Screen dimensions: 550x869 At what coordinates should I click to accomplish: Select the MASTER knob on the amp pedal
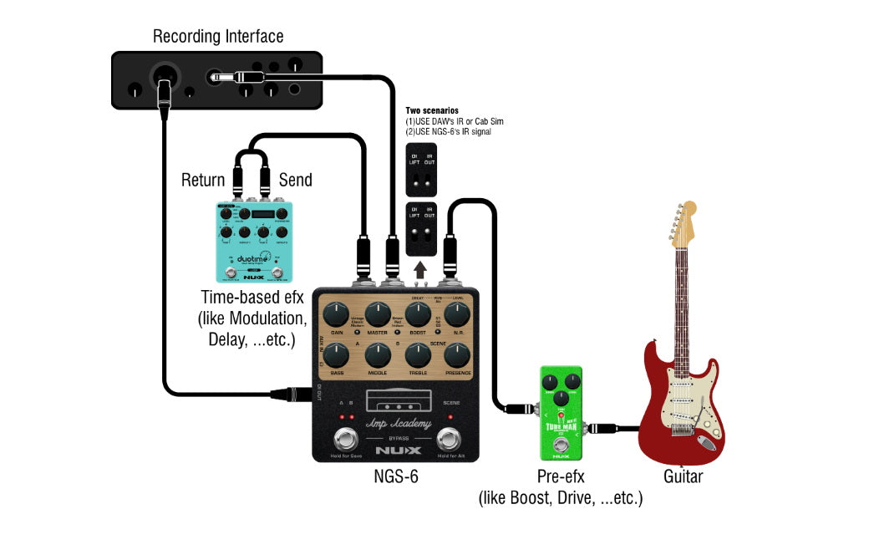point(376,315)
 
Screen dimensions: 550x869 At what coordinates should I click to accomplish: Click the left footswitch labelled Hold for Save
point(343,437)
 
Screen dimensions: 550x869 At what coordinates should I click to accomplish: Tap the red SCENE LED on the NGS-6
point(451,415)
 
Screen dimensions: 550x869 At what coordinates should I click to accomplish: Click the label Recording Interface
point(217,37)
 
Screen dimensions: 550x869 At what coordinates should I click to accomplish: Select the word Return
point(203,180)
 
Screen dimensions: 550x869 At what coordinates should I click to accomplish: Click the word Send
point(295,180)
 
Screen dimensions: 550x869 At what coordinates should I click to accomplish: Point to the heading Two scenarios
point(432,110)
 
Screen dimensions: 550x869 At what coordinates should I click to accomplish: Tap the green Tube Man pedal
point(561,413)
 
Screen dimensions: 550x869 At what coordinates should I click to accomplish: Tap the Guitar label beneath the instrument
point(683,477)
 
